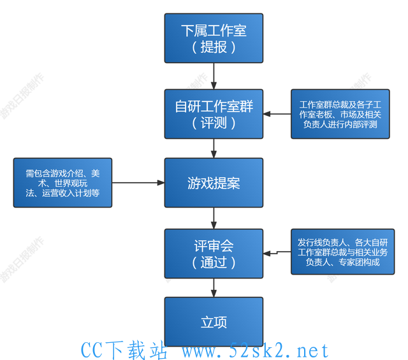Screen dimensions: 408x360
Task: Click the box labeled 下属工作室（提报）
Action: [x=214, y=38]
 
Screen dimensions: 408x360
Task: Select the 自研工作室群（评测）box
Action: [x=214, y=114]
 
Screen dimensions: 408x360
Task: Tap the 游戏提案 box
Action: [x=214, y=183]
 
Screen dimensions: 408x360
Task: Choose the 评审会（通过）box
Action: [x=214, y=254]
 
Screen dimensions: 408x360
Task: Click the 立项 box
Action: [x=214, y=322]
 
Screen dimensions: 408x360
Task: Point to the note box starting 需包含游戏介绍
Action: [x=62, y=183]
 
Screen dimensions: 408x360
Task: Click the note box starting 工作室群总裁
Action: [x=340, y=114]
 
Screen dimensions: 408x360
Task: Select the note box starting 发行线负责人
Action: [x=343, y=252]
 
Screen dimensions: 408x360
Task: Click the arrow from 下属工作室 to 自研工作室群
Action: [x=214, y=76]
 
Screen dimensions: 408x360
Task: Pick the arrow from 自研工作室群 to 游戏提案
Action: [x=214, y=148]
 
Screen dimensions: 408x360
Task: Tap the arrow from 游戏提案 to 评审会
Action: [x=214, y=219]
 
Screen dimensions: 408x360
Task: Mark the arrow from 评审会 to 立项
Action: [x=214, y=288]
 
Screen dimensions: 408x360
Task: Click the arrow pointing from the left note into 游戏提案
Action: [x=138, y=183]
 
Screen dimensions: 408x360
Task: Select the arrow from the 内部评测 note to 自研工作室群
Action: [x=277, y=114]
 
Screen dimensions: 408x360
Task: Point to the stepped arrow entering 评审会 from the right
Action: [x=277, y=252]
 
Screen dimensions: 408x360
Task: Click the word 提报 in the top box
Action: [x=214, y=47]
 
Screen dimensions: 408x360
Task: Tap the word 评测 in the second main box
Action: [x=214, y=123]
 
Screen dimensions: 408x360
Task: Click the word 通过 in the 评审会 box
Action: [x=214, y=263]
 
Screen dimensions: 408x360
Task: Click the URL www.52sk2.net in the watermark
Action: [x=255, y=350]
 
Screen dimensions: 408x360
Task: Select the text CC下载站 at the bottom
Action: [x=124, y=350]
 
